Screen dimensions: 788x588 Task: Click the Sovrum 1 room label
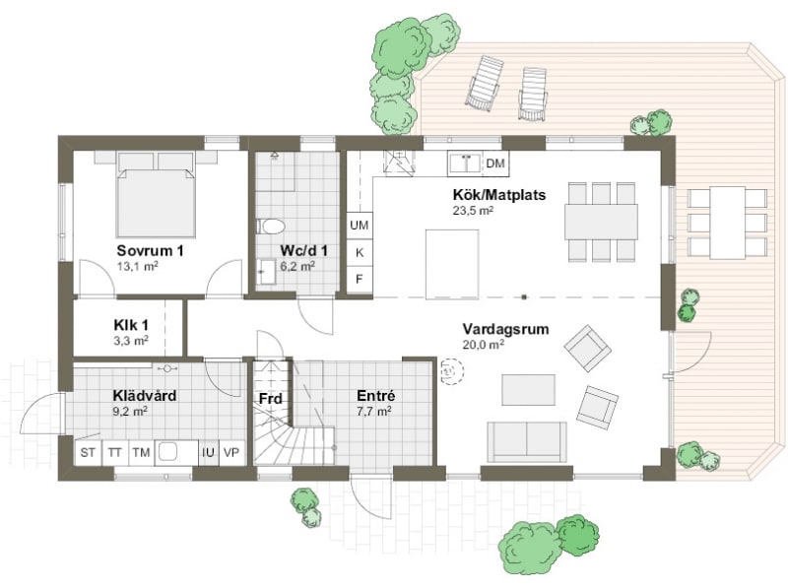point(150,250)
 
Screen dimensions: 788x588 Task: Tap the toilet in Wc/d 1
point(271,227)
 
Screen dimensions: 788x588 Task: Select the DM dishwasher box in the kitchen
point(495,163)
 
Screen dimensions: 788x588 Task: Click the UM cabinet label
point(359,226)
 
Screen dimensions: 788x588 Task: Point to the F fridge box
point(360,279)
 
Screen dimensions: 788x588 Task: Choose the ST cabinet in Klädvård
point(88,452)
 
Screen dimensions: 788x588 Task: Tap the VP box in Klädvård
point(231,452)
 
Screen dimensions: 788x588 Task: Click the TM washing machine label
point(141,453)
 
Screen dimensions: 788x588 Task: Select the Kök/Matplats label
point(499,194)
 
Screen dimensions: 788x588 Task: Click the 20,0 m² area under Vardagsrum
point(483,345)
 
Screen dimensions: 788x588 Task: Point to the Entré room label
point(376,396)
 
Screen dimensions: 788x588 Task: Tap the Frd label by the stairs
point(270,399)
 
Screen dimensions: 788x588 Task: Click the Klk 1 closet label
point(131,325)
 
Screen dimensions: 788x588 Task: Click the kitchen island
point(452,264)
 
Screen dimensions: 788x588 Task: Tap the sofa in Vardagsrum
point(527,442)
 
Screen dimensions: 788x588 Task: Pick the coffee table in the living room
point(528,389)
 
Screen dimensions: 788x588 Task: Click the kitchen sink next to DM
point(465,163)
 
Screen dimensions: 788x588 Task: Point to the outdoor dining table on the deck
point(727,223)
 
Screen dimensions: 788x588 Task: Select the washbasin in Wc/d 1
point(266,272)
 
